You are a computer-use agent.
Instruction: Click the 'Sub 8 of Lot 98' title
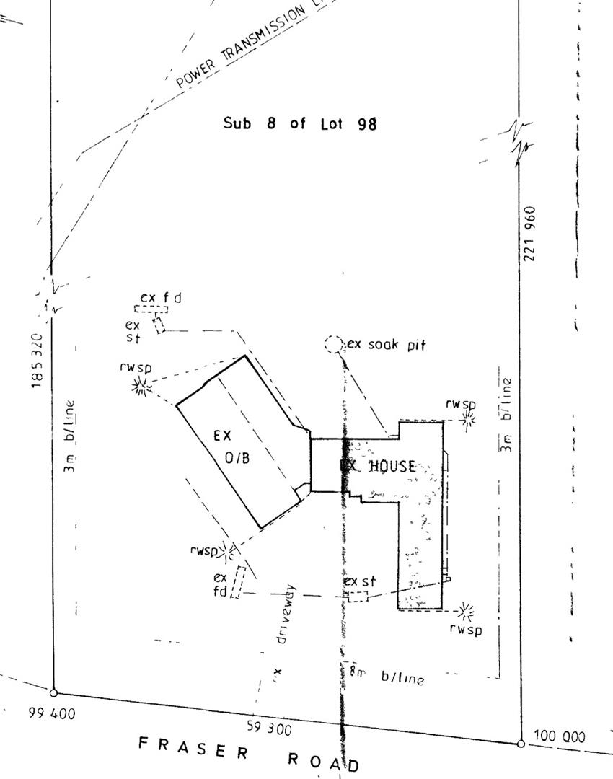coord(300,123)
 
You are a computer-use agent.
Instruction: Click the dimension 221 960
coord(531,234)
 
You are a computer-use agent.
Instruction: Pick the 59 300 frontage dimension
coord(269,729)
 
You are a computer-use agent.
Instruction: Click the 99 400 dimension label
coord(51,714)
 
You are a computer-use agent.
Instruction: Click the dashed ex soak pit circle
coord(332,345)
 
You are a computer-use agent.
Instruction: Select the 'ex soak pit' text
coord(387,345)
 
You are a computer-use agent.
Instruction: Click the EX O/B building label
coord(231,446)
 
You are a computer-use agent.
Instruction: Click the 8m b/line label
coord(386,675)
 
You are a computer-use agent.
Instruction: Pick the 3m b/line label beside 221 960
coord(507,415)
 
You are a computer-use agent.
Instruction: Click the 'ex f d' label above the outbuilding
coord(160,297)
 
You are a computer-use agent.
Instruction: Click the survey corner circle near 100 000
coord(521,743)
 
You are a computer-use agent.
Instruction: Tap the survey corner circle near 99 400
coord(53,692)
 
